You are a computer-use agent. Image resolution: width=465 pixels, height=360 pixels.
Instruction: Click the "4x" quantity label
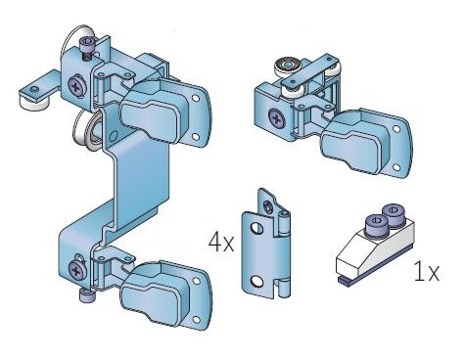coord(221,242)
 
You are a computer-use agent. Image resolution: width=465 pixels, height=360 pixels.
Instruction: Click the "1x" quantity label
coord(427,271)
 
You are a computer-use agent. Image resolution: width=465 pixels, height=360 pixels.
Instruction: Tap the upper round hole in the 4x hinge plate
coord(257,227)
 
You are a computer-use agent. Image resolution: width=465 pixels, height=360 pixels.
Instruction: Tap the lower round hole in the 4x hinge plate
coord(256,281)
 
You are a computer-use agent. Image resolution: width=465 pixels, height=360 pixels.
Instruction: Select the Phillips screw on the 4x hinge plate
coord(268,206)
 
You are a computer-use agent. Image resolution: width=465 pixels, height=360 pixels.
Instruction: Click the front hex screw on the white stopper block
coord(377,224)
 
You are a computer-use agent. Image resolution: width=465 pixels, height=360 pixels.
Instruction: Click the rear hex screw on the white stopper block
coord(394,213)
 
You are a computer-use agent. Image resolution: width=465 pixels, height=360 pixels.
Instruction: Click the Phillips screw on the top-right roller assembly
coord(277,118)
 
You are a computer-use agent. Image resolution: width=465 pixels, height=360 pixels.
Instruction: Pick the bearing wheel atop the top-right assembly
coord(285,67)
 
